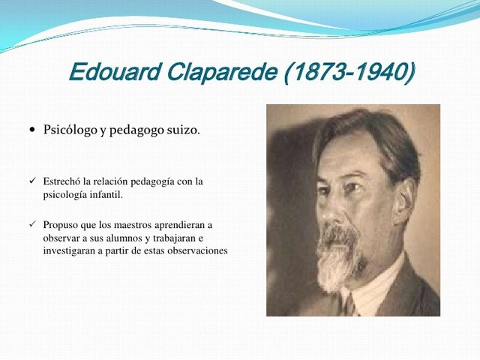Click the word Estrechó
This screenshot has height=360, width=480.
tap(62, 181)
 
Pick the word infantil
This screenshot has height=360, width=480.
tap(103, 195)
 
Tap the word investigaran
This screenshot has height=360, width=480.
tap(68, 251)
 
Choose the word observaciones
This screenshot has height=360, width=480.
tap(193, 251)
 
